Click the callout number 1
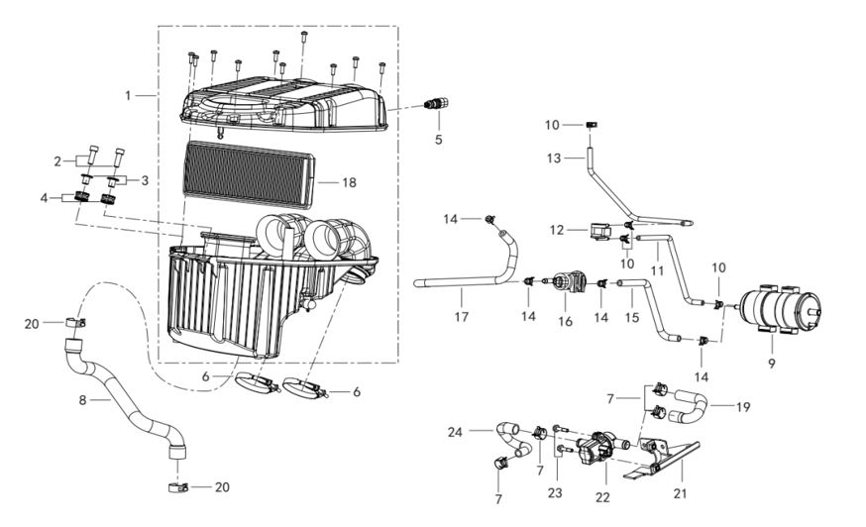click(128, 95)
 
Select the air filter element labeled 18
click(249, 174)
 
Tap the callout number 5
click(439, 140)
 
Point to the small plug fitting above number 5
click(436, 103)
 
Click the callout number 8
click(83, 400)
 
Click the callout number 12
click(557, 230)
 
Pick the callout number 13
click(554, 158)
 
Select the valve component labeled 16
click(567, 281)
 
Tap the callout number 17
click(462, 317)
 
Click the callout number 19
click(743, 407)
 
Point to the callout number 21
click(680, 493)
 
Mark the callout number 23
click(555, 492)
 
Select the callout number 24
click(455, 432)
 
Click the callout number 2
click(57, 161)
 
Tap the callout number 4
click(45, 198)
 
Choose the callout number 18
click(349, 182)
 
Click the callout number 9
click(772, 363)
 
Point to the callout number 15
click(632, 317)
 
